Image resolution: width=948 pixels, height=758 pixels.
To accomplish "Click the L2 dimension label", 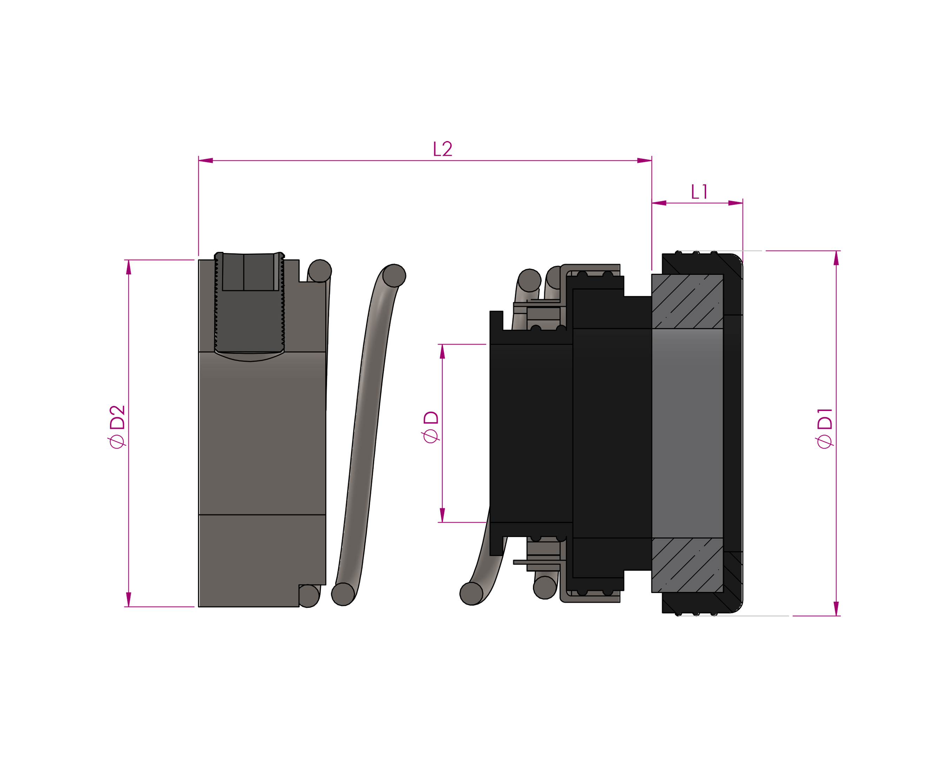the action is point(442,149).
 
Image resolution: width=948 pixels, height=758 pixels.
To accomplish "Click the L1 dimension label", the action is point(699,192).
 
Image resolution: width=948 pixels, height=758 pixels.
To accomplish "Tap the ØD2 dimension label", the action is point(117,426).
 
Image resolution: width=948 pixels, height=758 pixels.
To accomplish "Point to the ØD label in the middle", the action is point(431,427).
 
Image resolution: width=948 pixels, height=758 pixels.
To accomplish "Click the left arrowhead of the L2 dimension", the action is point(206,160).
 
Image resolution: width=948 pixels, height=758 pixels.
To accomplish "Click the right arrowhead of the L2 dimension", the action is point(645,160).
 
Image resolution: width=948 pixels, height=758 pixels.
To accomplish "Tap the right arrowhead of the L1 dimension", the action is point(736,203).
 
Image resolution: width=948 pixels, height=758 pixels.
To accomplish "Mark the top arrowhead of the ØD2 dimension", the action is point(129,267).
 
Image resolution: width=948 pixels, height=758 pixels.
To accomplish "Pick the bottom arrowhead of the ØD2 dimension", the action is point(129,599).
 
